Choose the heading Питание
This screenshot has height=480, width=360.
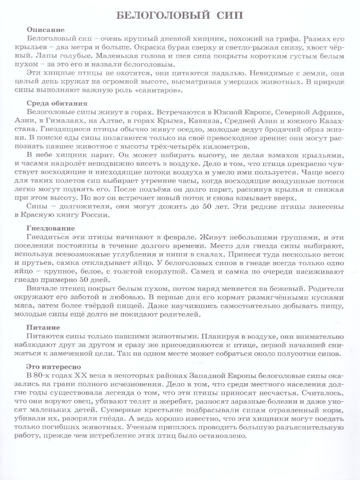(x=43, y=327)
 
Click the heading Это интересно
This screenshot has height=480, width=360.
(x=54, y=366)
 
